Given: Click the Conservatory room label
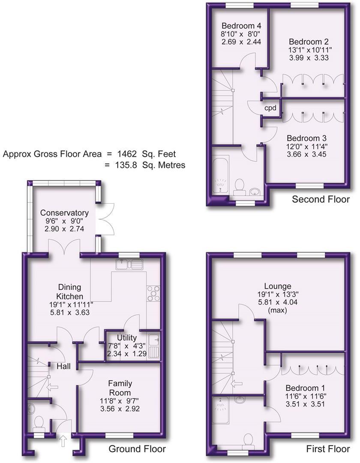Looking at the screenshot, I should tap(64, 213).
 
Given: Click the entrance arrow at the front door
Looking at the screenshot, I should tap(63, 440).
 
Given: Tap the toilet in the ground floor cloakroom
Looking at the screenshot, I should tap(39, 422).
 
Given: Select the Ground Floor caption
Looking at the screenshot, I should tap(137, 449).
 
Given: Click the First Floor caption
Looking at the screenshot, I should tap(328, 449).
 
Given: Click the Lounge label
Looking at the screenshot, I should tap(278, 286).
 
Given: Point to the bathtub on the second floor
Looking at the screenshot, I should tap(220, 176).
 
